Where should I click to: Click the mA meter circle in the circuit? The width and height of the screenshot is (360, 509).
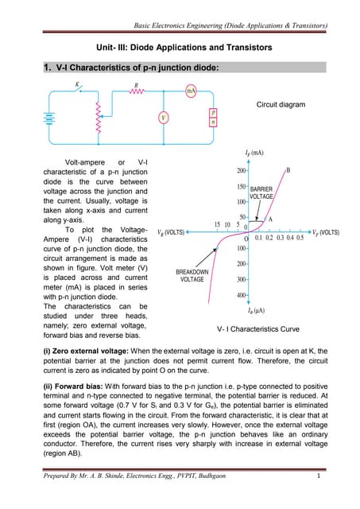(191, 91)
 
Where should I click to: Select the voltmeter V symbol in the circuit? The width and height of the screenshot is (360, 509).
(163, 119)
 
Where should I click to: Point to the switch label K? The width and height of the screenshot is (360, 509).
(77, 84)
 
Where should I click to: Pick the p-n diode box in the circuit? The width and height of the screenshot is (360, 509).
(213, 118)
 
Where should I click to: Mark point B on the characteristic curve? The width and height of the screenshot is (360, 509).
(287, 170)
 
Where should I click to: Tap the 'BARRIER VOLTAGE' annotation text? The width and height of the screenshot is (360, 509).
(261, 192)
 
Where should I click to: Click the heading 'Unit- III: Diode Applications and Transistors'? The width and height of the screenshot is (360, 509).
(179, 49)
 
